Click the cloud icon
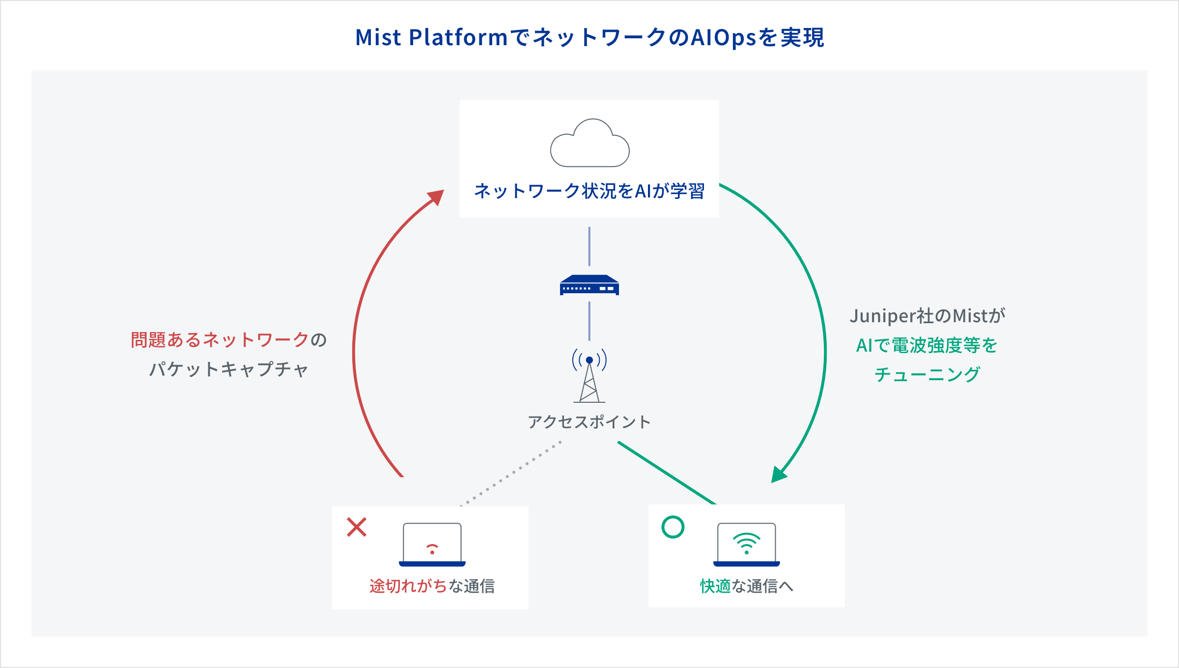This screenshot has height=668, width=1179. (589, 144)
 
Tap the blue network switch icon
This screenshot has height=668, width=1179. (589, 285)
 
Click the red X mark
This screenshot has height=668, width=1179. (357, 527)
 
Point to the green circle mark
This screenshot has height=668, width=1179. (673, 527)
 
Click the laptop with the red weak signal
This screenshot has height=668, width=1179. (432, 545)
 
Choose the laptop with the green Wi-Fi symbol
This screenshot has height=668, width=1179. (747, 545)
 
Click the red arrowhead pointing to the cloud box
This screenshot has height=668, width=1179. (436, 197)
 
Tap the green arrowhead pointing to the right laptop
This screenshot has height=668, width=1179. (778, 474)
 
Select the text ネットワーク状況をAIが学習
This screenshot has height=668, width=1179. (589, 191)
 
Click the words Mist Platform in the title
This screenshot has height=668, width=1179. (431, 38)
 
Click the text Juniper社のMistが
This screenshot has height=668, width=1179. (927, 316)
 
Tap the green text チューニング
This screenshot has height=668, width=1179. (927, 375)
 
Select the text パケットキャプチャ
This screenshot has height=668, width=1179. (229, 369)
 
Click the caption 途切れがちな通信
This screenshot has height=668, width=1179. (432, 586)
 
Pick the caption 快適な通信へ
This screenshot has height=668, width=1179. (747, 586)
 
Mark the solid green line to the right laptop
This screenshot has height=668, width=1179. (667, 473)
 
